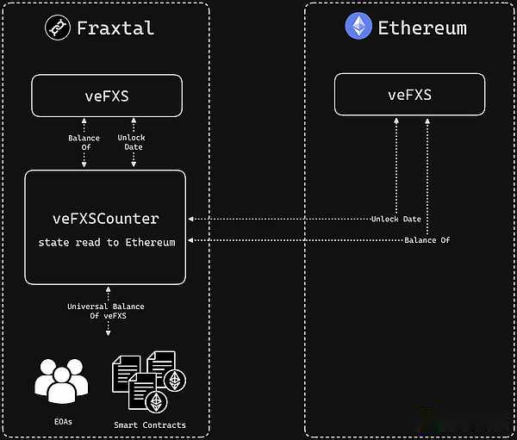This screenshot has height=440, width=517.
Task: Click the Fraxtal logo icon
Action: click(58, 28)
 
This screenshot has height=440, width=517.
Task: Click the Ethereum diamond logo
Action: click(358, 27)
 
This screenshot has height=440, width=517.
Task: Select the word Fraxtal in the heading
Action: click(115, 28)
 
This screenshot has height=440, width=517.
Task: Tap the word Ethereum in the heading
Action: click(422, 28)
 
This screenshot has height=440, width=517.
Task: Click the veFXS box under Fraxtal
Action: click(107, 96)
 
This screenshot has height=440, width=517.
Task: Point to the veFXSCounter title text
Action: click(105, 219)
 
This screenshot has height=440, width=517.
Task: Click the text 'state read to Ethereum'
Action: click(106, 243)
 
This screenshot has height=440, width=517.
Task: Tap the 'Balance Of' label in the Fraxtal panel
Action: click(84, 143)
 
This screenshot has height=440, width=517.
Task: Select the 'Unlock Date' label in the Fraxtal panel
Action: click(131, 143)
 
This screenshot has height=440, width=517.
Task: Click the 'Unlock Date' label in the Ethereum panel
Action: click(396, 220)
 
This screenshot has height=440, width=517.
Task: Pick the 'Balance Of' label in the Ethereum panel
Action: click(427, 239)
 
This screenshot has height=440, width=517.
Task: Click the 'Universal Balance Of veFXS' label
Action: click(106, 311)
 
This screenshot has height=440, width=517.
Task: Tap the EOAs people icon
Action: click(61, 378)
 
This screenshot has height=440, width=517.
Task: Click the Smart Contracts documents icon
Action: click(148, 378)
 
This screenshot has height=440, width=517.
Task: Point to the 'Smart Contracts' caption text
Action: click(149, 425)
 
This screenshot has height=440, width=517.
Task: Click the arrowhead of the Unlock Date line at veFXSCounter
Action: click(190, 220)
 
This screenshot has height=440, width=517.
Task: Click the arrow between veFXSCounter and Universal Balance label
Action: click(107, 291)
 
